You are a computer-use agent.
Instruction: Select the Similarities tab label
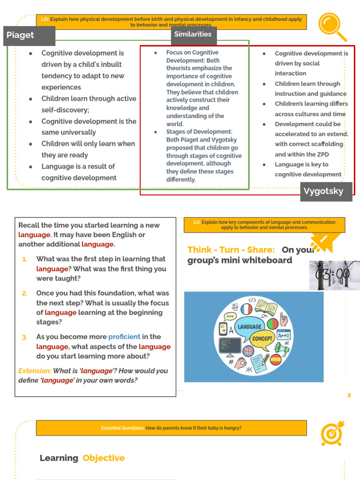click(x=193, y=34)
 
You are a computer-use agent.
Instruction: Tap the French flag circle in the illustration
click(x=246, y=309)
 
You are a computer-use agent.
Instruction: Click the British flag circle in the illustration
click(x=247, y=351)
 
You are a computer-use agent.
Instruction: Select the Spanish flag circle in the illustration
click(x=276, y=360)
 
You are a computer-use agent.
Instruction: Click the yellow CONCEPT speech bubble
click(x=262, y=338)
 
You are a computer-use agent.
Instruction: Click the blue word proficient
click(x=124, y=337)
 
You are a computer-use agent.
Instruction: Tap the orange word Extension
click(x=35, y=371)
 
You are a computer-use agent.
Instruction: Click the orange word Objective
click(x=104, y=458)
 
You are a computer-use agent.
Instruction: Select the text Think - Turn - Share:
click(x=231, y=250)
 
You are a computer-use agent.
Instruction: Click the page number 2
click(x=349, y=395)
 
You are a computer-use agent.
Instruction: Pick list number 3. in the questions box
click(x=24, y=337)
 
